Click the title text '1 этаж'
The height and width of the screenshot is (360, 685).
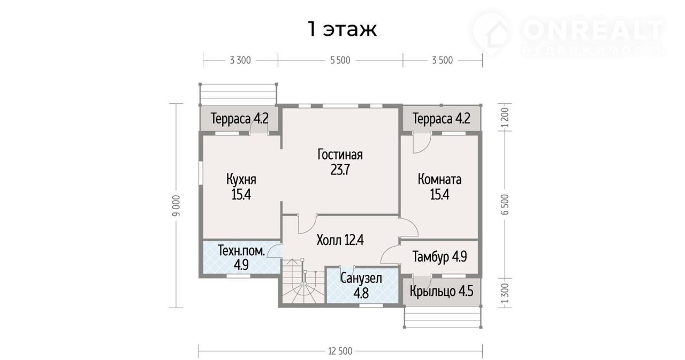[342, 29]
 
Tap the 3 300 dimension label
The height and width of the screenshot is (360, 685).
[240, 60]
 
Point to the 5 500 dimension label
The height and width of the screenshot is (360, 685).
[340, 60]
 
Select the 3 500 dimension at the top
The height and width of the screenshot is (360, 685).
[442, 60]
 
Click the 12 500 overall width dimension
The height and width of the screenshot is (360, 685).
[340, 351]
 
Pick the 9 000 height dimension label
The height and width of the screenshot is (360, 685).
[177, 205]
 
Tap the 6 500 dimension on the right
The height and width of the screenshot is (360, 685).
[505, 204]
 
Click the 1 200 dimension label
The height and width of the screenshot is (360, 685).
[505, 118]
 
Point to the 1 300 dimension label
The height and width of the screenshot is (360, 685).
[505, 293]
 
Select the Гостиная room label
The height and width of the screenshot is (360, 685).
[340, 155]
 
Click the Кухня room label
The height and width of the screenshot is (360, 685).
[241, 179]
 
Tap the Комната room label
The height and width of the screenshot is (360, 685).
[439, 179]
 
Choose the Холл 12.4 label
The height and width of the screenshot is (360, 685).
[340, 240]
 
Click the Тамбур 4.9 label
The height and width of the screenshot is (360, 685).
[439, 257]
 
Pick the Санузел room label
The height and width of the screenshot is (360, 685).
[361, 278]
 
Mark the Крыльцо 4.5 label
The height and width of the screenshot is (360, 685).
[442, 291]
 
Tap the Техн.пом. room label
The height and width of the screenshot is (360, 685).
[241, 251]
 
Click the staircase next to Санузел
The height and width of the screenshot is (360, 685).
[302, 281]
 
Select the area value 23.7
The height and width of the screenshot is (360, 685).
[340, 170]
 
